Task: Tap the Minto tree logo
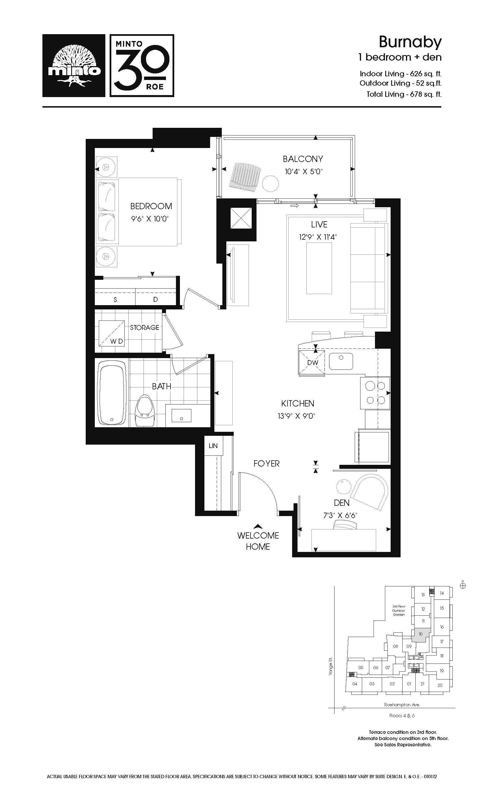click(x=74, y=66)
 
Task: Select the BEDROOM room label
click(x=151, y=206)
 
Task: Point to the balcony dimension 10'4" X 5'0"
click(x=303, y=171)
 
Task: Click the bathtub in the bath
click(x=112, y=393)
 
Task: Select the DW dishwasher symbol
click(x=311, y=362)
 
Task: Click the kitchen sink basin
click(x=341, y=361)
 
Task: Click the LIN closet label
click(x=213, y=446)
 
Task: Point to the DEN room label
click(x=342, y=503)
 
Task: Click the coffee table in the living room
click(x=319, y=268)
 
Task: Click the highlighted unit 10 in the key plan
click(x=420, y=634)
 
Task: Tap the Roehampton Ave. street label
click(x=402, y=704)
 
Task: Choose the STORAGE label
click(x=145, y=327)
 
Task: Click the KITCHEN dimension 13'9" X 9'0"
click(x=296, y=416)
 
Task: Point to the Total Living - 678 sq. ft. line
click(x=404, y=94)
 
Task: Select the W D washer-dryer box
click(x=112, y=333)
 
